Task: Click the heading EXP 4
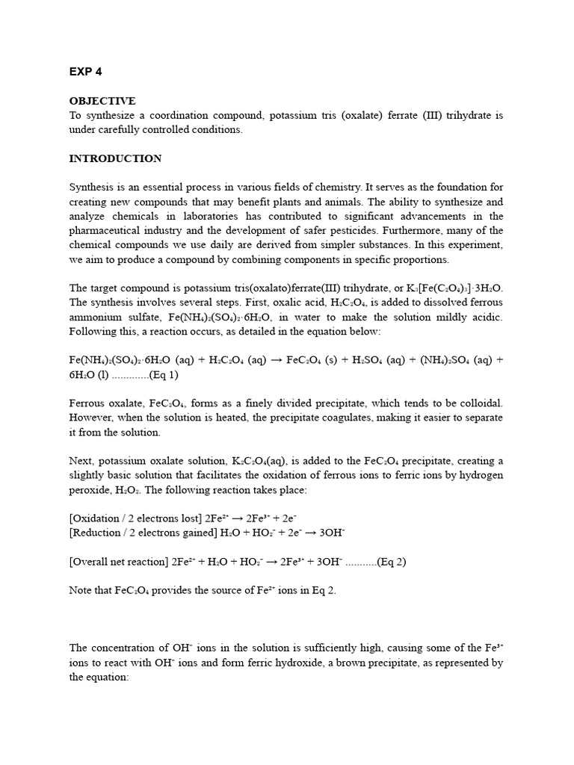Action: pos(85,72)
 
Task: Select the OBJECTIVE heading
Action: pos(102,101)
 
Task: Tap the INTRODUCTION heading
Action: pos(115,158)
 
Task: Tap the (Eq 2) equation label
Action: pos(392,562)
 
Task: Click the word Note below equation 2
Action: pos(81,590)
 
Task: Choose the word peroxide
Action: pos(93,490)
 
